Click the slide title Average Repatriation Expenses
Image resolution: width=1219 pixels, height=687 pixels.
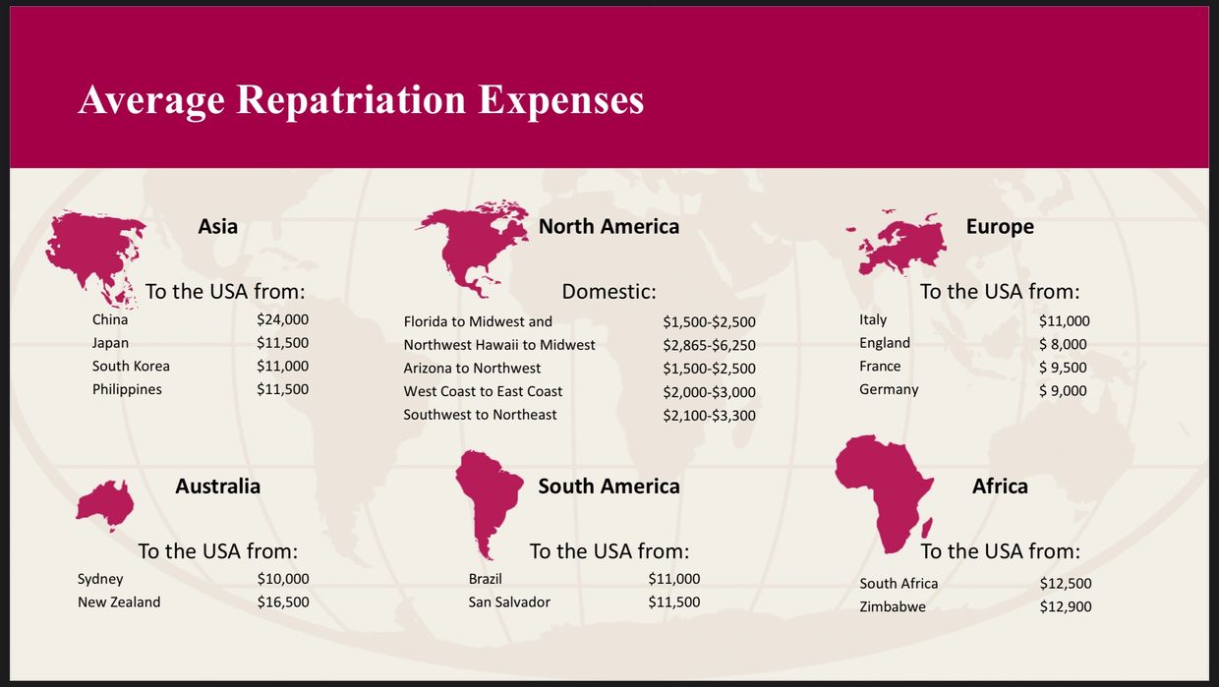361,100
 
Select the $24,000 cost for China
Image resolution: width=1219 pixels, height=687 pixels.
282,319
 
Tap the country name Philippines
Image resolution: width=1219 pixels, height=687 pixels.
127,389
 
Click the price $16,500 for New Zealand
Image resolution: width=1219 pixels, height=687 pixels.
282,601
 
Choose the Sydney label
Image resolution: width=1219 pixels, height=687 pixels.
100,579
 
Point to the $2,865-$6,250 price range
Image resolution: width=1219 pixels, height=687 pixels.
709,345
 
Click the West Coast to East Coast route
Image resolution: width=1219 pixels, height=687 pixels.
483,391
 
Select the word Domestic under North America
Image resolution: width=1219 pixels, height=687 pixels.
609,292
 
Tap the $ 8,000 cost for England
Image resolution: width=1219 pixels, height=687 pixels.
1063,344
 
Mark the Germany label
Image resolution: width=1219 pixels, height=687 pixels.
889,389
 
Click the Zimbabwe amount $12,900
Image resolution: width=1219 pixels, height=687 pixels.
1065,606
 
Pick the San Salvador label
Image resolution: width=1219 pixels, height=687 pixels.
509,601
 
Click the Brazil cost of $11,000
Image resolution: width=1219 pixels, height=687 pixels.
673,579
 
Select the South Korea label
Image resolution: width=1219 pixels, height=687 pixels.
131,366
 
